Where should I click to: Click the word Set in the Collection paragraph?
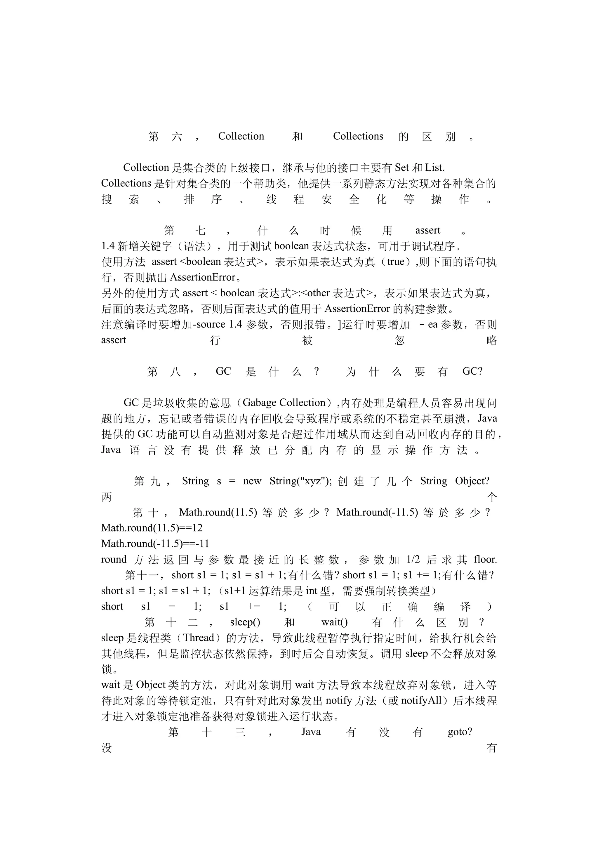[x=401, y=168]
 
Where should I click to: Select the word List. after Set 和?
[x=435, y=168]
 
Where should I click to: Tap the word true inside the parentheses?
[x=396, y=262]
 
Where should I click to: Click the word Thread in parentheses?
[x=199, y=638]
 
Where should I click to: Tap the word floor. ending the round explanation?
[x=485, y=559]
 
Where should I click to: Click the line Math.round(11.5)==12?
[x=152, y=528]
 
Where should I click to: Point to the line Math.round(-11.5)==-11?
[x=155, y=544]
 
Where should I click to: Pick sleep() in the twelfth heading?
[x=245, y=622]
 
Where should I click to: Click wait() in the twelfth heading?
[x=334, y=622]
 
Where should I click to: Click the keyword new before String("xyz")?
[x=252, y=481]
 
